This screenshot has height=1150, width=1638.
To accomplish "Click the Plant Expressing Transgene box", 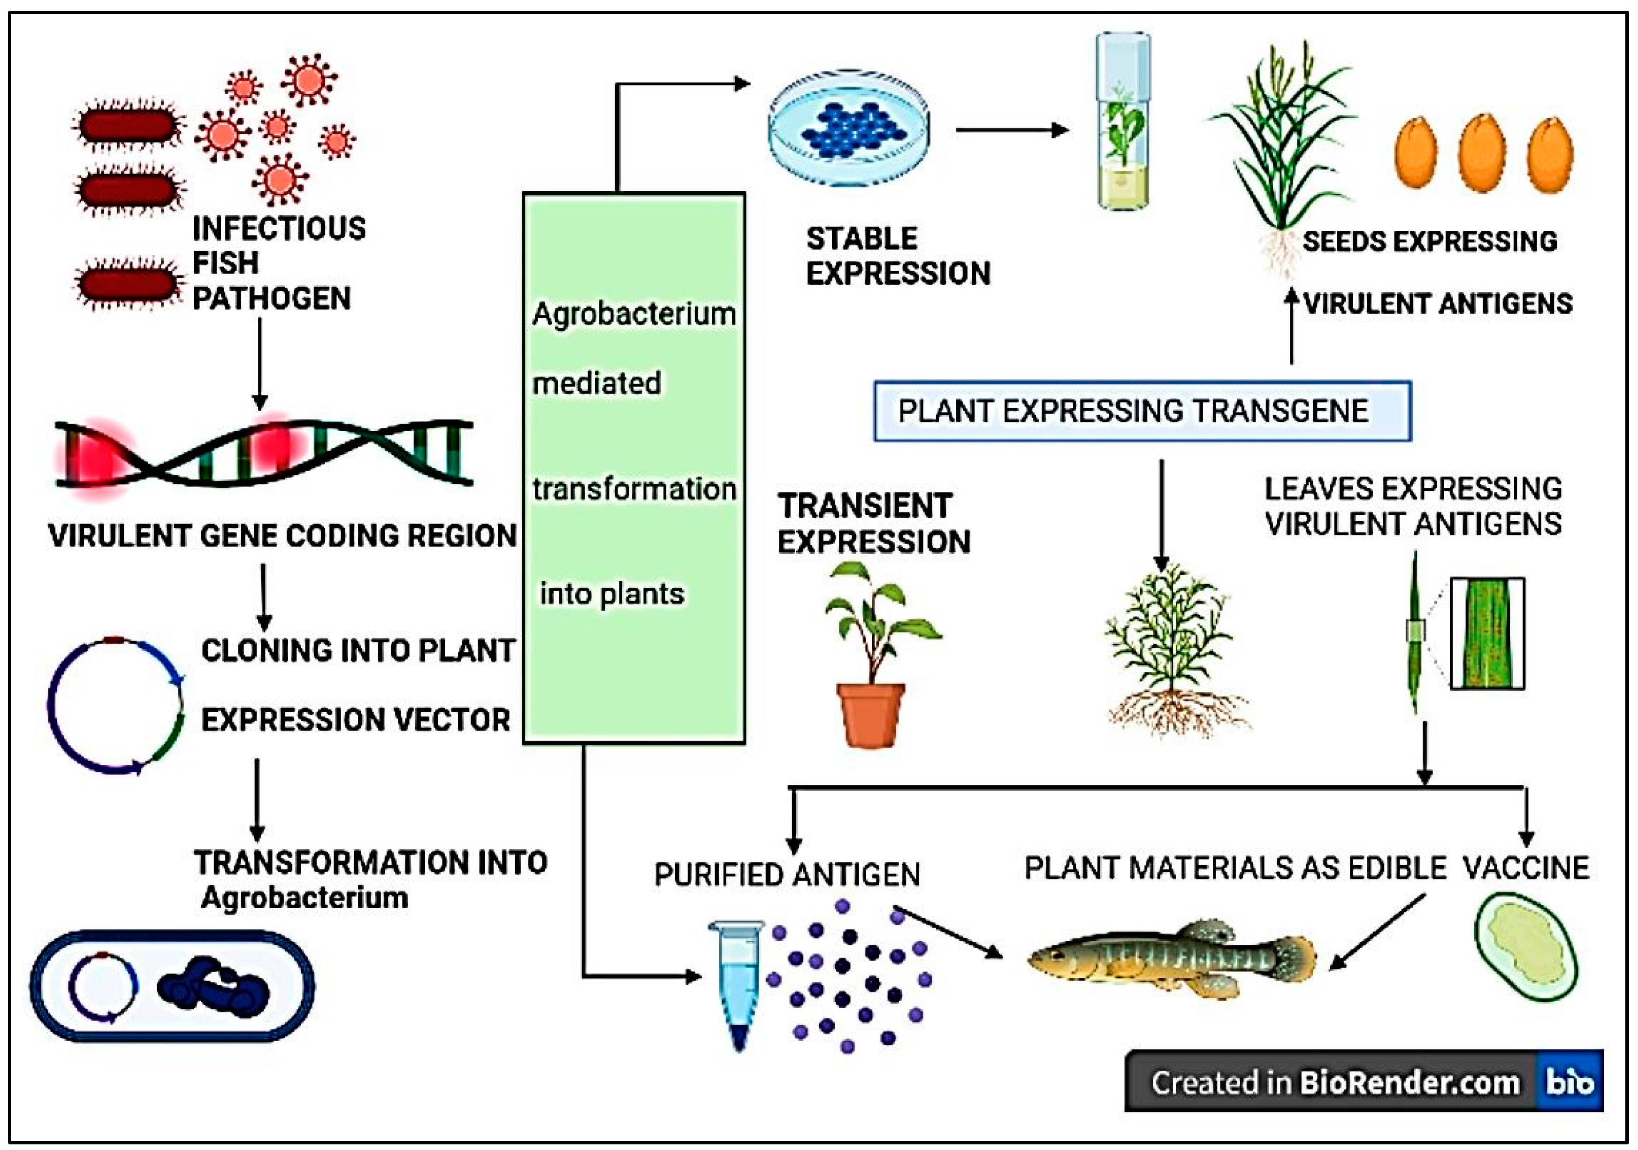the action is coord(1142,411).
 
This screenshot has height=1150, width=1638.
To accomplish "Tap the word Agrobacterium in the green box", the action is coord(633,314).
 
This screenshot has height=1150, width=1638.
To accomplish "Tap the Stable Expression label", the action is coord(898,255).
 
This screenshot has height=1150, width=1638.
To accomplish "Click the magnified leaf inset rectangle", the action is coord(1487,633).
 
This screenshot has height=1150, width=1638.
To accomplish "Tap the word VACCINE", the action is coord(1526,868).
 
